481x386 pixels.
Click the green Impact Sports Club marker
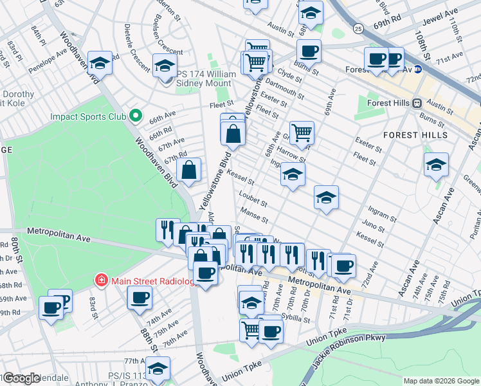135,116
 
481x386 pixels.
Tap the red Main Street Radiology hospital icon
100,280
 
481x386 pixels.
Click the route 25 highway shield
358,28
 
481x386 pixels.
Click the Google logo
21,378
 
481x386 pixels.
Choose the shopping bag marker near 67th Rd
190,171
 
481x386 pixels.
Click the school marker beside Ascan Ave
436,165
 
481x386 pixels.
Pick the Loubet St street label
252,196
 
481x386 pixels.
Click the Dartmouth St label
284,89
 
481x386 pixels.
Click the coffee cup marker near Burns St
309,51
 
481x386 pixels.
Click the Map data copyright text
441,381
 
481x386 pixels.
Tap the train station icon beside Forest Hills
417,102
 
